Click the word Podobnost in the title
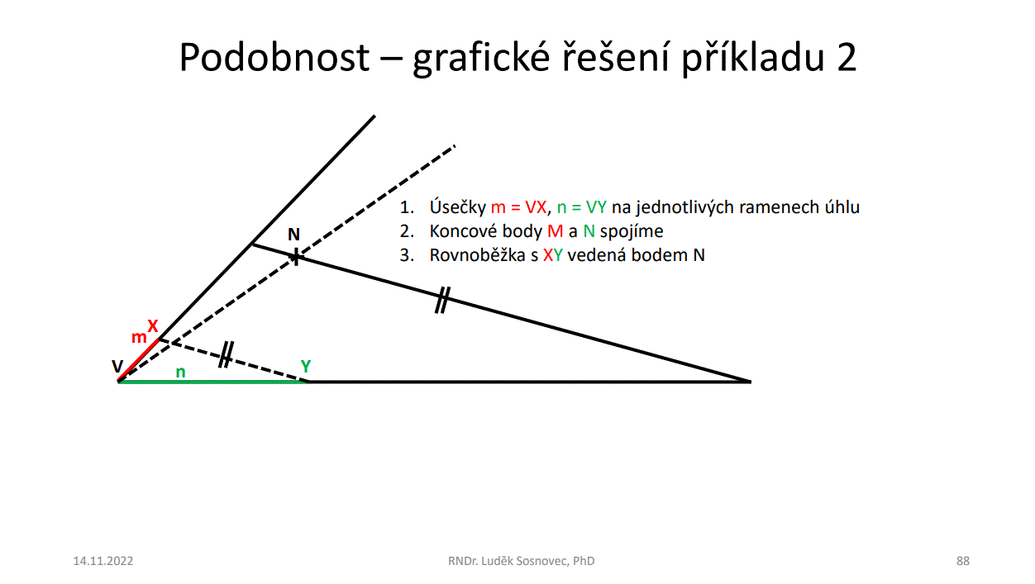pos(274,57)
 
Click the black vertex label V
pos(117,367)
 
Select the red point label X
pos(152,326)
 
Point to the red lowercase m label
pos(139,337)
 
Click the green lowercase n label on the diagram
pos(181,372)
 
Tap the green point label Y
pos(305,366)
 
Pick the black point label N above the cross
pos(293,235)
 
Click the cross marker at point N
pos(296,256)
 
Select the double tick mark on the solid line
pos(442,300)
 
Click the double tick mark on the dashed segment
pos(226,354)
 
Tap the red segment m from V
pos(139,360)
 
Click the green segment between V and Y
pos(213,382)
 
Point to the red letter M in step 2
pos(555,230)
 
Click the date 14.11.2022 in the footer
pos(103,561)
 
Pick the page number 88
pos(963,561)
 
